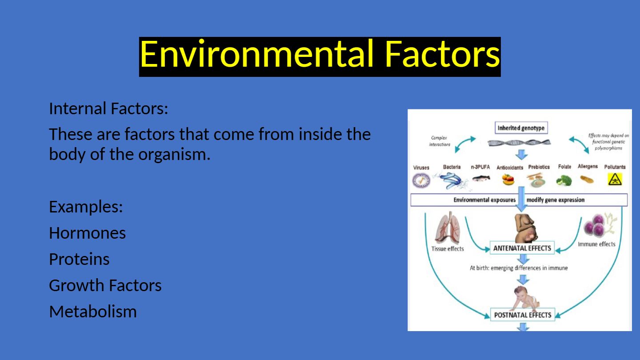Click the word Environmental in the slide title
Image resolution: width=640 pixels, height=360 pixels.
[x=256, y=54]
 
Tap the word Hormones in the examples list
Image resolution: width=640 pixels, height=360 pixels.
[x=87, y=233]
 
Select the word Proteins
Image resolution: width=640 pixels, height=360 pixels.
[x=79, y=259]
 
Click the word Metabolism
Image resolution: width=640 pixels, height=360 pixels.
[x=93, y=312]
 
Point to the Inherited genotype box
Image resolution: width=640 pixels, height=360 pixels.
[x=521, y=128]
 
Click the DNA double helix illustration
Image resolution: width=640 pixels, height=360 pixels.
[x=519, y=143]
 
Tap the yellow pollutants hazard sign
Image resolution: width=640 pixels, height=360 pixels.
[x=615, y=180]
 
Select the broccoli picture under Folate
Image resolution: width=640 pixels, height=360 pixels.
[x=564, y=180]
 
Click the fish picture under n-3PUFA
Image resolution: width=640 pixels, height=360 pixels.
[x=481, y=179]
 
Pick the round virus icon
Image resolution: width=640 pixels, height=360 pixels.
[x=421, y=180]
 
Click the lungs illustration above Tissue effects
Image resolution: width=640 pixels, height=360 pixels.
[x=448, y=228]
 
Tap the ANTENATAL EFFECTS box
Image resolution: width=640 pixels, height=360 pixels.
[x=522, y=248]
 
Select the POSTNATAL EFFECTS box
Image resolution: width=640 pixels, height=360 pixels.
[x=523, y=315]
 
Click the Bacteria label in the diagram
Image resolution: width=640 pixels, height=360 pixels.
[x=452, y=167]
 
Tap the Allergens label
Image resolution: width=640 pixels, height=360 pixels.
[x=588, y=166]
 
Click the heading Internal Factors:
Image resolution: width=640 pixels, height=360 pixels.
[x=108, y=108]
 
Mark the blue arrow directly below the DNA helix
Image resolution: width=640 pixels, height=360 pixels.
[x=522, y=155]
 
